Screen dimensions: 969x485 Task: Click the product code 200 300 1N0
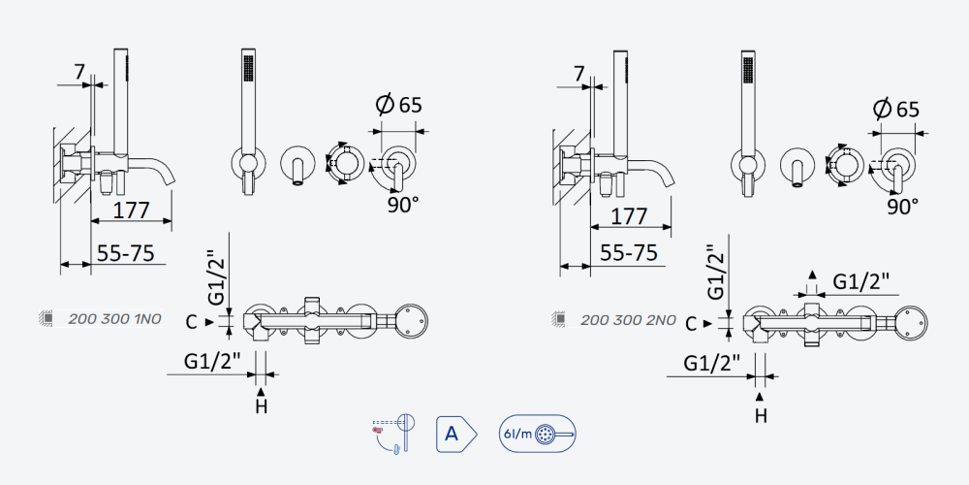[114, 318]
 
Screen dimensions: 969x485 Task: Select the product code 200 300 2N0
[628, 320]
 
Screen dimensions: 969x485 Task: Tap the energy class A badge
[456, 435]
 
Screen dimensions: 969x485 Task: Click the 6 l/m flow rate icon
[537, 434]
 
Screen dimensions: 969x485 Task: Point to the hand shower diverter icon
[393, 435]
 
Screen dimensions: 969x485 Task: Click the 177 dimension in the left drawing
[131, 210]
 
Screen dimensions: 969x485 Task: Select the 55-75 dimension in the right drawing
[630, 253]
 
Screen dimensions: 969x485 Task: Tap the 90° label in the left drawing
[403, 205]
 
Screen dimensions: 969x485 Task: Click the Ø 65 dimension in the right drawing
[895, 109]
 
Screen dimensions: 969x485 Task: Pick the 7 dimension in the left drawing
[79, 73]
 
